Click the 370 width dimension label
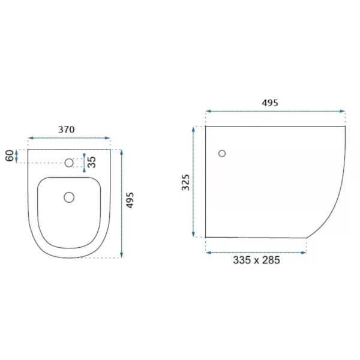coord(67,130)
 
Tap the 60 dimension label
coord(10,155)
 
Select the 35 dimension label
coord(91,162)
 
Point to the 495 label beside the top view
coord(130,200)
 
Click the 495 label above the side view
coord(270,103)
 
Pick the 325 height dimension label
coord(185,182)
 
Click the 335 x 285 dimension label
coord(256,260)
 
